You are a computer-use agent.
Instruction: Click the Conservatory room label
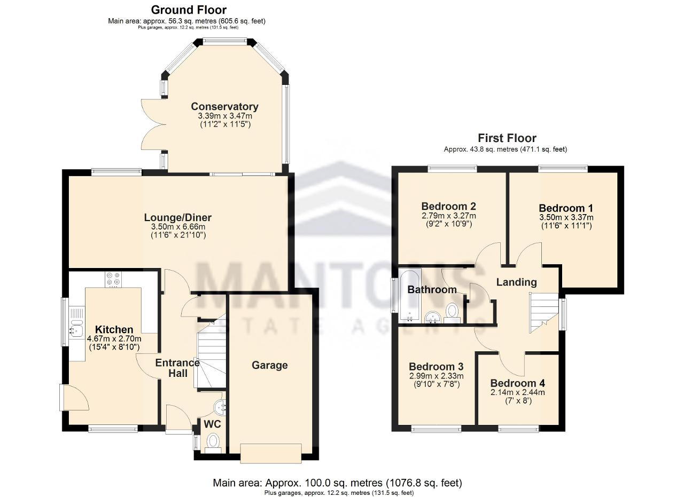point(224,106)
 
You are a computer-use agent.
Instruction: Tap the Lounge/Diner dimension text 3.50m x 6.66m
point(178,227)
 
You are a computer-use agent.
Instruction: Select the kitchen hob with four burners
point(113,279)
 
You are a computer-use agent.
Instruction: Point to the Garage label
point(270,366)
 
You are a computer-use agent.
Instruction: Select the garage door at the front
point(271,454)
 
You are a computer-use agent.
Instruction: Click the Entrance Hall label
point(177,368)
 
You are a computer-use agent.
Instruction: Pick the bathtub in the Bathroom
point(410,296)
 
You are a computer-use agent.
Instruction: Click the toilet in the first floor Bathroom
point(452,313)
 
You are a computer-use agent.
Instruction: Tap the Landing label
point(516,282)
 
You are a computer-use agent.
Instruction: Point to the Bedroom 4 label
point(518,383)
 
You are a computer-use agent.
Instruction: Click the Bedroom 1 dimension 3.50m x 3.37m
point(566,217)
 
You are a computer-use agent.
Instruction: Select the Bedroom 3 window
point(436,430)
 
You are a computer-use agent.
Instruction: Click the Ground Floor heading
point(189,10)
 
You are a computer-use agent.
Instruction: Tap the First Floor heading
point(507,138)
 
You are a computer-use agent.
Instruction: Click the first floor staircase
point(544,313)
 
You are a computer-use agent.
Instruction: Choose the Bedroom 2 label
point(448,206)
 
